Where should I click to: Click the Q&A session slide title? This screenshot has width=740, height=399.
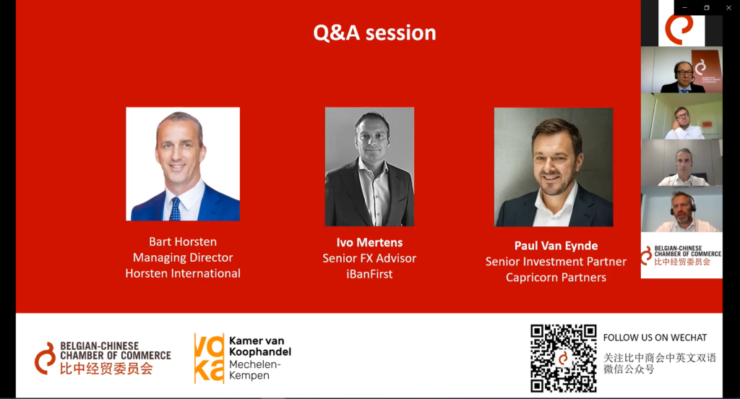point(375,33)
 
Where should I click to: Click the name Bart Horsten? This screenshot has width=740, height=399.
point(183,241)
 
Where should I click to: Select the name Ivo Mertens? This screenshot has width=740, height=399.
point(369,243)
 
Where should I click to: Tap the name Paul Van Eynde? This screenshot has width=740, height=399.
point(556,246)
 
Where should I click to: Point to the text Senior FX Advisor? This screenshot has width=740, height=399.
point(369,258)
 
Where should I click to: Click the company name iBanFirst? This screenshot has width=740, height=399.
point(369,275)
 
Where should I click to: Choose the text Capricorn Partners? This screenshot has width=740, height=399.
point(556,278)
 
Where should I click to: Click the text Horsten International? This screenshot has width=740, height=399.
point(183,273)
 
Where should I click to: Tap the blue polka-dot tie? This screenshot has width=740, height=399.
point(176,209)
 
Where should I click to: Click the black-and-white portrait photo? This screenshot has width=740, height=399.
point(369,167)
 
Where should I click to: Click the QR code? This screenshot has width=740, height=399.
point(563,359)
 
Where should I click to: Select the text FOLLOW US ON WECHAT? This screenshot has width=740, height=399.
point(655,338)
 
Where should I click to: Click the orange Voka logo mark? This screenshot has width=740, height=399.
point(209,358)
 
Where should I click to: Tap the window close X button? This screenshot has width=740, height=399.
point(728,7)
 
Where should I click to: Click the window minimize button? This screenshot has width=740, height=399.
point(685,7)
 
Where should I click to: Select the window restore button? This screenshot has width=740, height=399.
point(707,7)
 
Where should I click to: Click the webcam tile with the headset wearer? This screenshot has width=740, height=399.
point(681,209)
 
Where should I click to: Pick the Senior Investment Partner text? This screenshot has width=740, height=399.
point(556,262)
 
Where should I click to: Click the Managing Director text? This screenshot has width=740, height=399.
point(183,258)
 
